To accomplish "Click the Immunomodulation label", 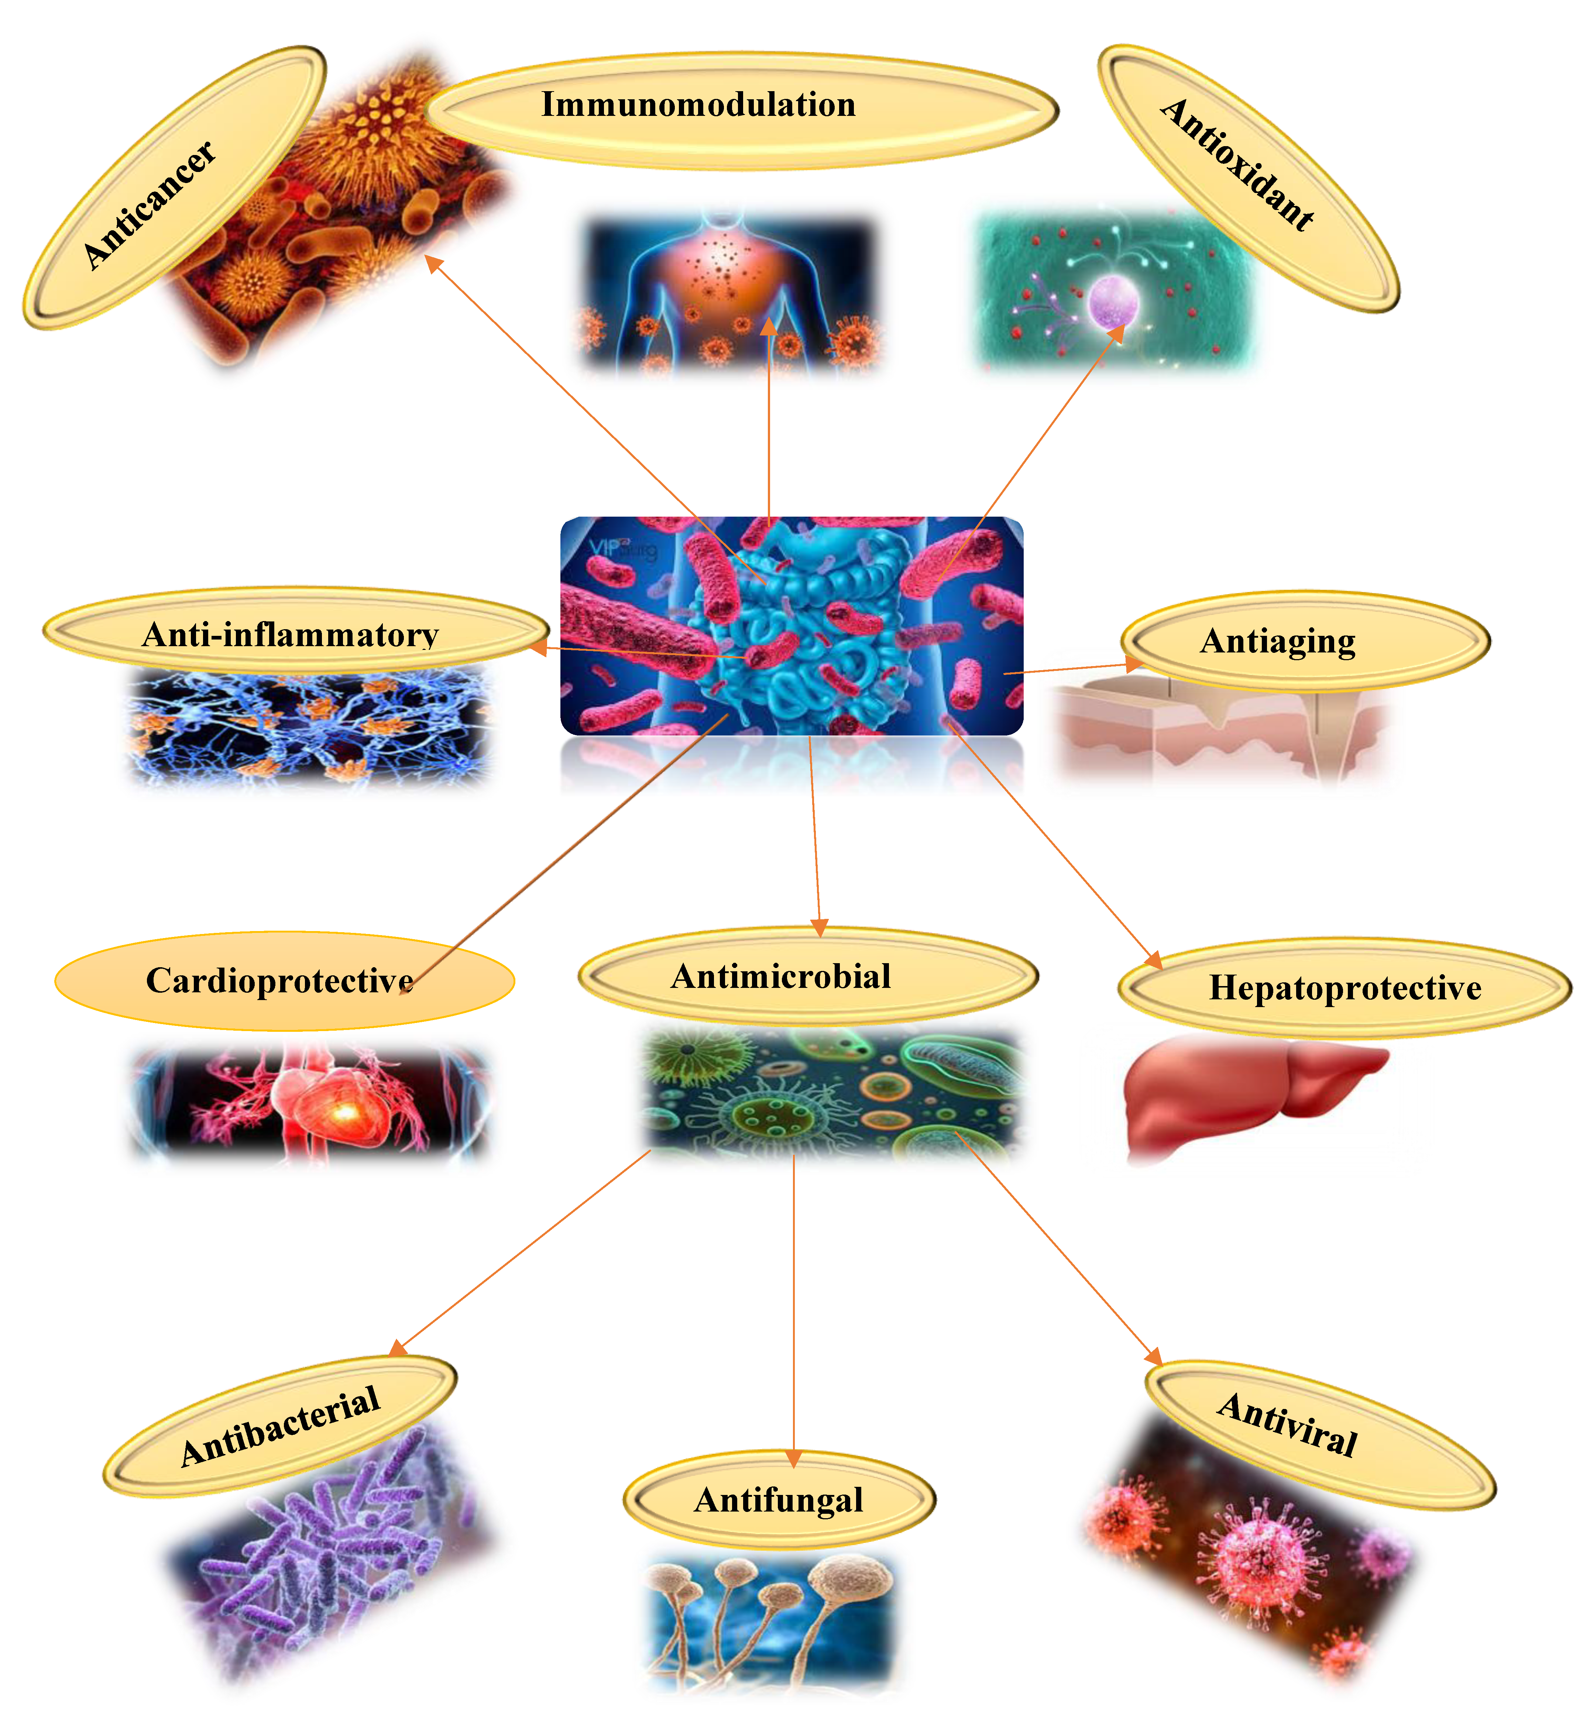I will tap(698, 105).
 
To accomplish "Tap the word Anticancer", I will tap(149, 205).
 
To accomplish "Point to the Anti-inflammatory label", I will tap(290, 635).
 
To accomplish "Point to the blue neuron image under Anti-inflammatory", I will tap(310, 727).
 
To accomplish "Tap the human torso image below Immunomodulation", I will tap(727, 288).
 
